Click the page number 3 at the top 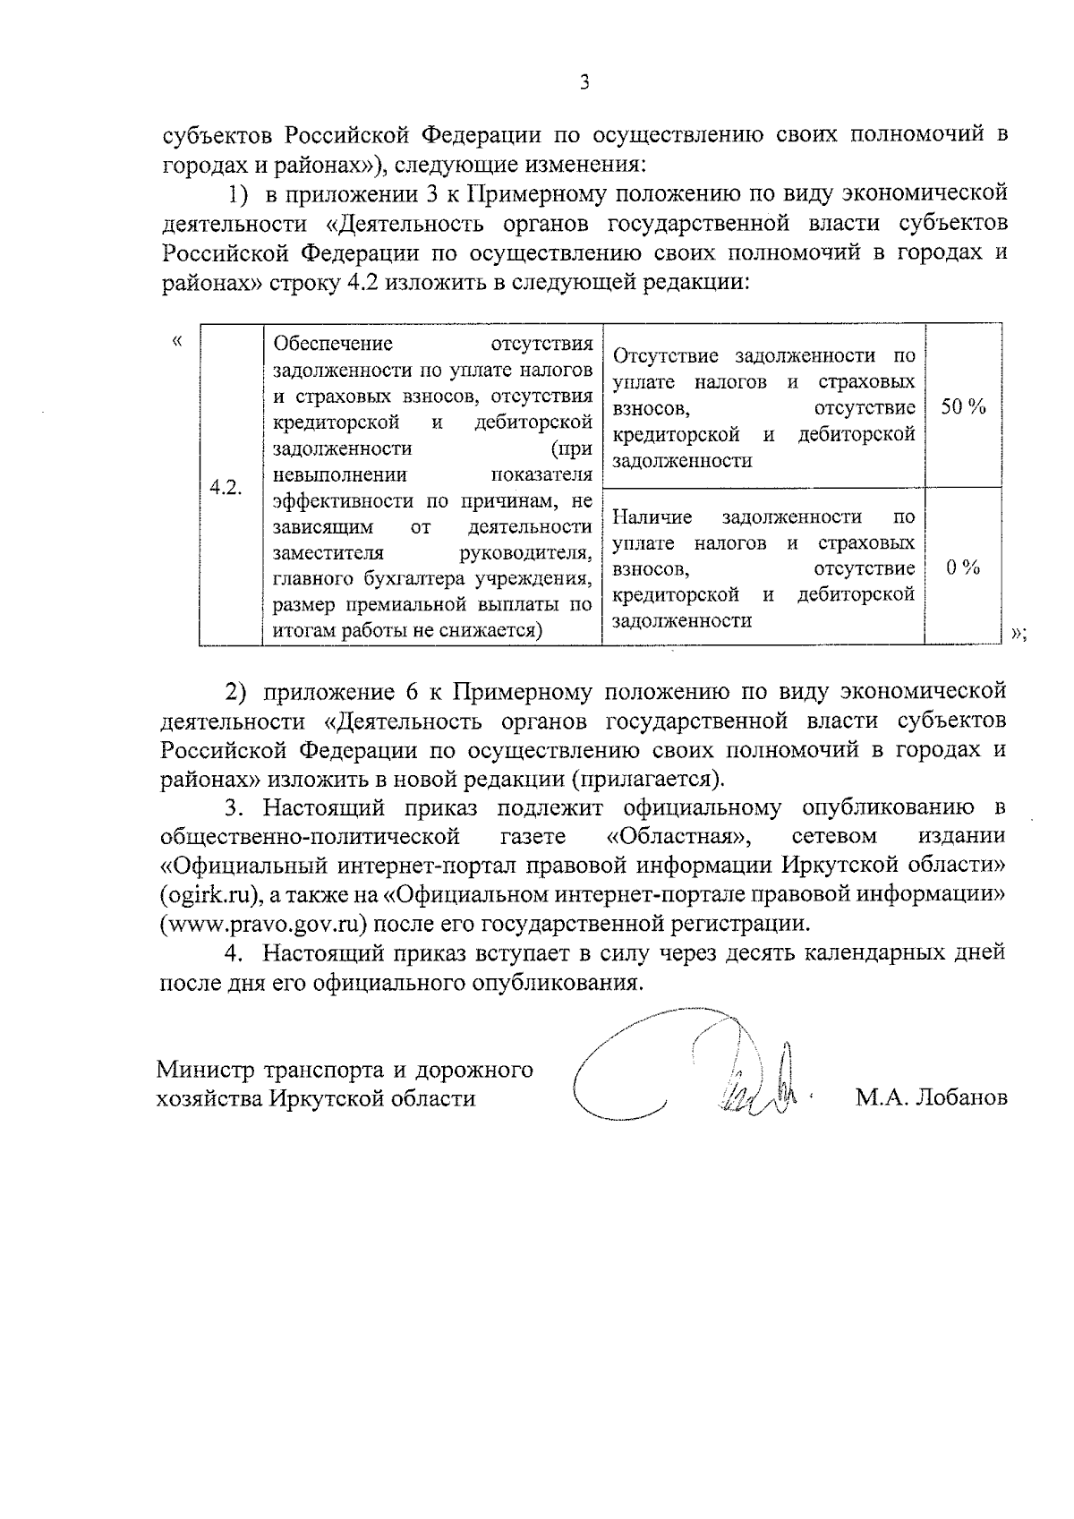[x=584, y=83]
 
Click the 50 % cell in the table [x=963, y=407]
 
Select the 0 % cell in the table [x=963, y=568]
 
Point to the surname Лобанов [x=958, y=1097]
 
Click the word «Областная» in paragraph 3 [x=677, y=836]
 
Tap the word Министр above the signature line [x=206, y=1070]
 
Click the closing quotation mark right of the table [x=1017, y=634]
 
